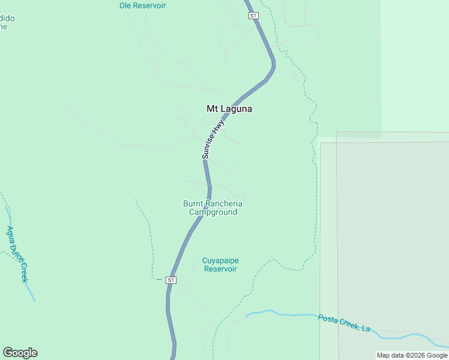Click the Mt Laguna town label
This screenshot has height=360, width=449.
point(229,109)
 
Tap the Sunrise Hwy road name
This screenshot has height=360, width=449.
point(213,139)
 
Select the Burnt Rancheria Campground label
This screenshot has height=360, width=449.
point(213,208)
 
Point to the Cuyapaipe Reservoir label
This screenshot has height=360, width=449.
point(220,265)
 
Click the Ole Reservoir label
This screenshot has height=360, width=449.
point(142,5)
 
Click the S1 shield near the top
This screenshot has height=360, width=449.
point(253,15)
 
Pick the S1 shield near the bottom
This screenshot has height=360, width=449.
point(171,280)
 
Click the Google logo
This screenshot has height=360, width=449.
point(20,353)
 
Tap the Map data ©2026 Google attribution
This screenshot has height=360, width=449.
point(412,355)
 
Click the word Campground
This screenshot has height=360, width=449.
point(213,212)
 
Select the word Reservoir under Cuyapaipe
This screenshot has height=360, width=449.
point(220,269)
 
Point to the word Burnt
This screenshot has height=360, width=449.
point(193,203)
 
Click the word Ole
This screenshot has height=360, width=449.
point(125,5)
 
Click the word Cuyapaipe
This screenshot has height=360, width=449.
point(220,260)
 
